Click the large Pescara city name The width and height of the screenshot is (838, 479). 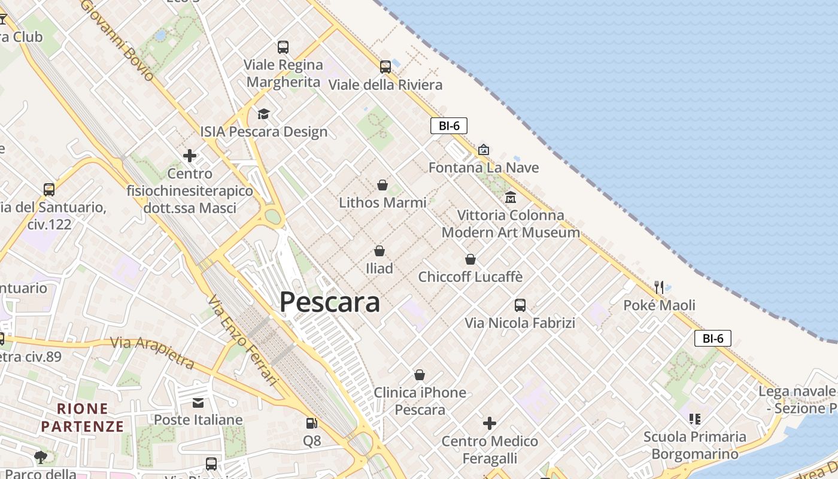(330, 302)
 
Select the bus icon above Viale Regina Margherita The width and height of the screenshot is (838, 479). (283, 47)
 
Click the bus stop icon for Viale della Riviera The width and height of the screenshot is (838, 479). (385, 66)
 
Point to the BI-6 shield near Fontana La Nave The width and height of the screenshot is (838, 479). (448, 126)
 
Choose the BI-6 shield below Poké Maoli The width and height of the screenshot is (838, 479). (713, 338)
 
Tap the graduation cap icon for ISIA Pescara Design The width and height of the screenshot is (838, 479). (263, 114)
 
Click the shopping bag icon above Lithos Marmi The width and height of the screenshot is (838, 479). (382, 185)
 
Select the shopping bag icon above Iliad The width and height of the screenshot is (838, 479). (379, 251)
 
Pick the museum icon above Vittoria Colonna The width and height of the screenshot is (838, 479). (511, 196)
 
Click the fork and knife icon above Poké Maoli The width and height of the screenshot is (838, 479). (659, 287)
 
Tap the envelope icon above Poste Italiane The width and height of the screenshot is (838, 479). (198, 402)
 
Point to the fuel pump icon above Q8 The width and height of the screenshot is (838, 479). (311, 423)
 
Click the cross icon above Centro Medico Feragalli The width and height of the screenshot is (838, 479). (490, 424)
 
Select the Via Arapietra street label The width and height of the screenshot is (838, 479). (153, 351)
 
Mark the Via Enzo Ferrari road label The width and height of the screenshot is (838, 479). (244, 339)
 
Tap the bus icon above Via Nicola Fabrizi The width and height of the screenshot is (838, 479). (520, 305)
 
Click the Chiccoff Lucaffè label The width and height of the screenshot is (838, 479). (470, 277)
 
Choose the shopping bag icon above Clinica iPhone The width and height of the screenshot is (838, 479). (420, 375)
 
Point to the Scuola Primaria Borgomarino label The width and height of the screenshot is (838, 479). (695, 445)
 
